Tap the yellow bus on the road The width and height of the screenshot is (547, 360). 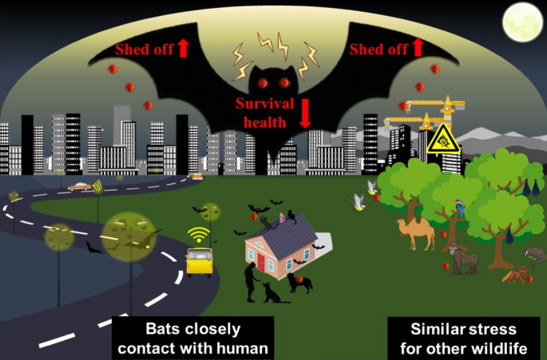[199, 262]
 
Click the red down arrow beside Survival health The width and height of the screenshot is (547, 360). [304, 113]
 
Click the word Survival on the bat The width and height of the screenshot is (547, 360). [265, 104]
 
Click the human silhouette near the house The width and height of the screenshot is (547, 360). [252, 282]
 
